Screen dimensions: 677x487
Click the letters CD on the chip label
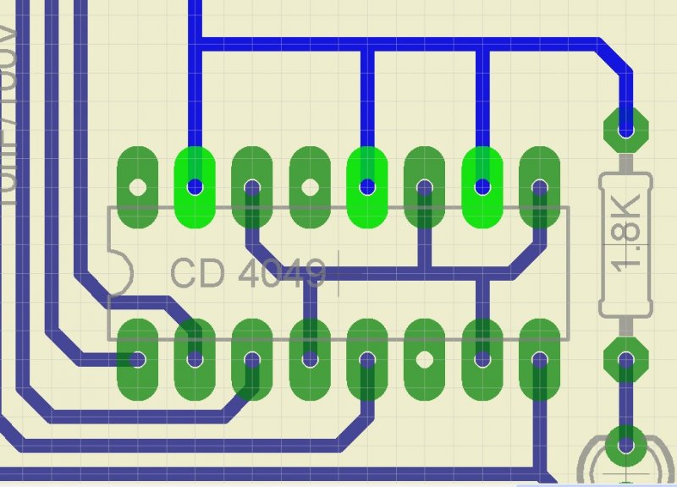click(192, 273)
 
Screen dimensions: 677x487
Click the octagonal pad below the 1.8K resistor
click(626, 361)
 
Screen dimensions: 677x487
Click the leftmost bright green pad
click(195, 187)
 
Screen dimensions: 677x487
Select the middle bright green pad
click(367, 187)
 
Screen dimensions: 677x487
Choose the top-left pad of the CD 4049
click(137, 187)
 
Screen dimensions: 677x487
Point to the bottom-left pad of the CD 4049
click(137, 359)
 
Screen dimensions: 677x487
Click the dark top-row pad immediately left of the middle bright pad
click(310, 187)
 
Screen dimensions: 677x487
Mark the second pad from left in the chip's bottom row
click(195, 359)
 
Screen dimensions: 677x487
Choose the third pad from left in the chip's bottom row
click(252, 359)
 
